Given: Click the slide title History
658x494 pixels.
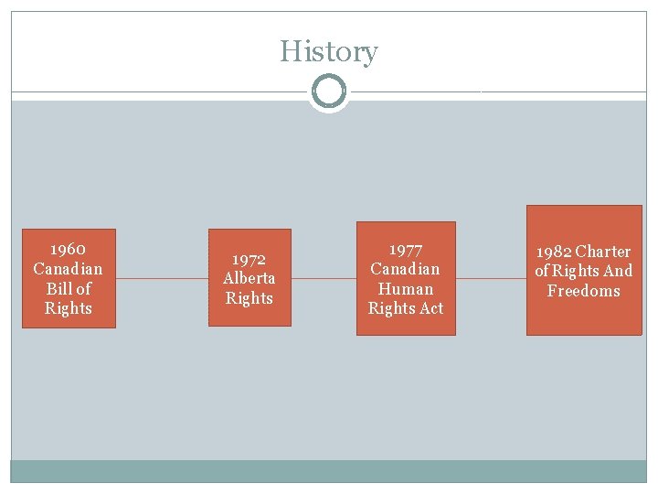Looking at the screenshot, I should pos(328,51).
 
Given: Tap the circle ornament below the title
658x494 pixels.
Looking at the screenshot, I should pos(328,91).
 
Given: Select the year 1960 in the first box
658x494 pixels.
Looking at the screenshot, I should pos(69,249).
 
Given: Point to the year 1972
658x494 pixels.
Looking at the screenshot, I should pos(249,259).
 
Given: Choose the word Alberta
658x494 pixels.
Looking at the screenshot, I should pos(249,278).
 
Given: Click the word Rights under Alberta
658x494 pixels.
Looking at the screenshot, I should pos(249,298).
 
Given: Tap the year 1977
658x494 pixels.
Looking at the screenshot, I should pos(406,249).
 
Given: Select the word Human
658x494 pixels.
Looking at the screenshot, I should pos(406,289).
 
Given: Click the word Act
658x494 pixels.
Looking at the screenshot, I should pos(431,309).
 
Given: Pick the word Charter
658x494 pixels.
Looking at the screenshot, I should pos(603,252).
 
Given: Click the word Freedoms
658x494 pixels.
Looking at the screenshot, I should pos(583,291).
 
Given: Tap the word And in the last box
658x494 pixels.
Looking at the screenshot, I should pos(618,271).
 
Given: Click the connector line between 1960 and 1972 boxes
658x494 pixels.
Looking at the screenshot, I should pos(162,278).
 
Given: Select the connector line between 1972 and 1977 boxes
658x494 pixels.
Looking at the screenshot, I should pos(324,278).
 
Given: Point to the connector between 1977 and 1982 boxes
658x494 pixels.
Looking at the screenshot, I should pos(491,278).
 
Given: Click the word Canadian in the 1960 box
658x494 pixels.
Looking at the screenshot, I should pos(69,269).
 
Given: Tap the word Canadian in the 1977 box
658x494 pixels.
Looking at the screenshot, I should pos(406,269).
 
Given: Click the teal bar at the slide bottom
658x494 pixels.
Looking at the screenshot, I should pos(328,471).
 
